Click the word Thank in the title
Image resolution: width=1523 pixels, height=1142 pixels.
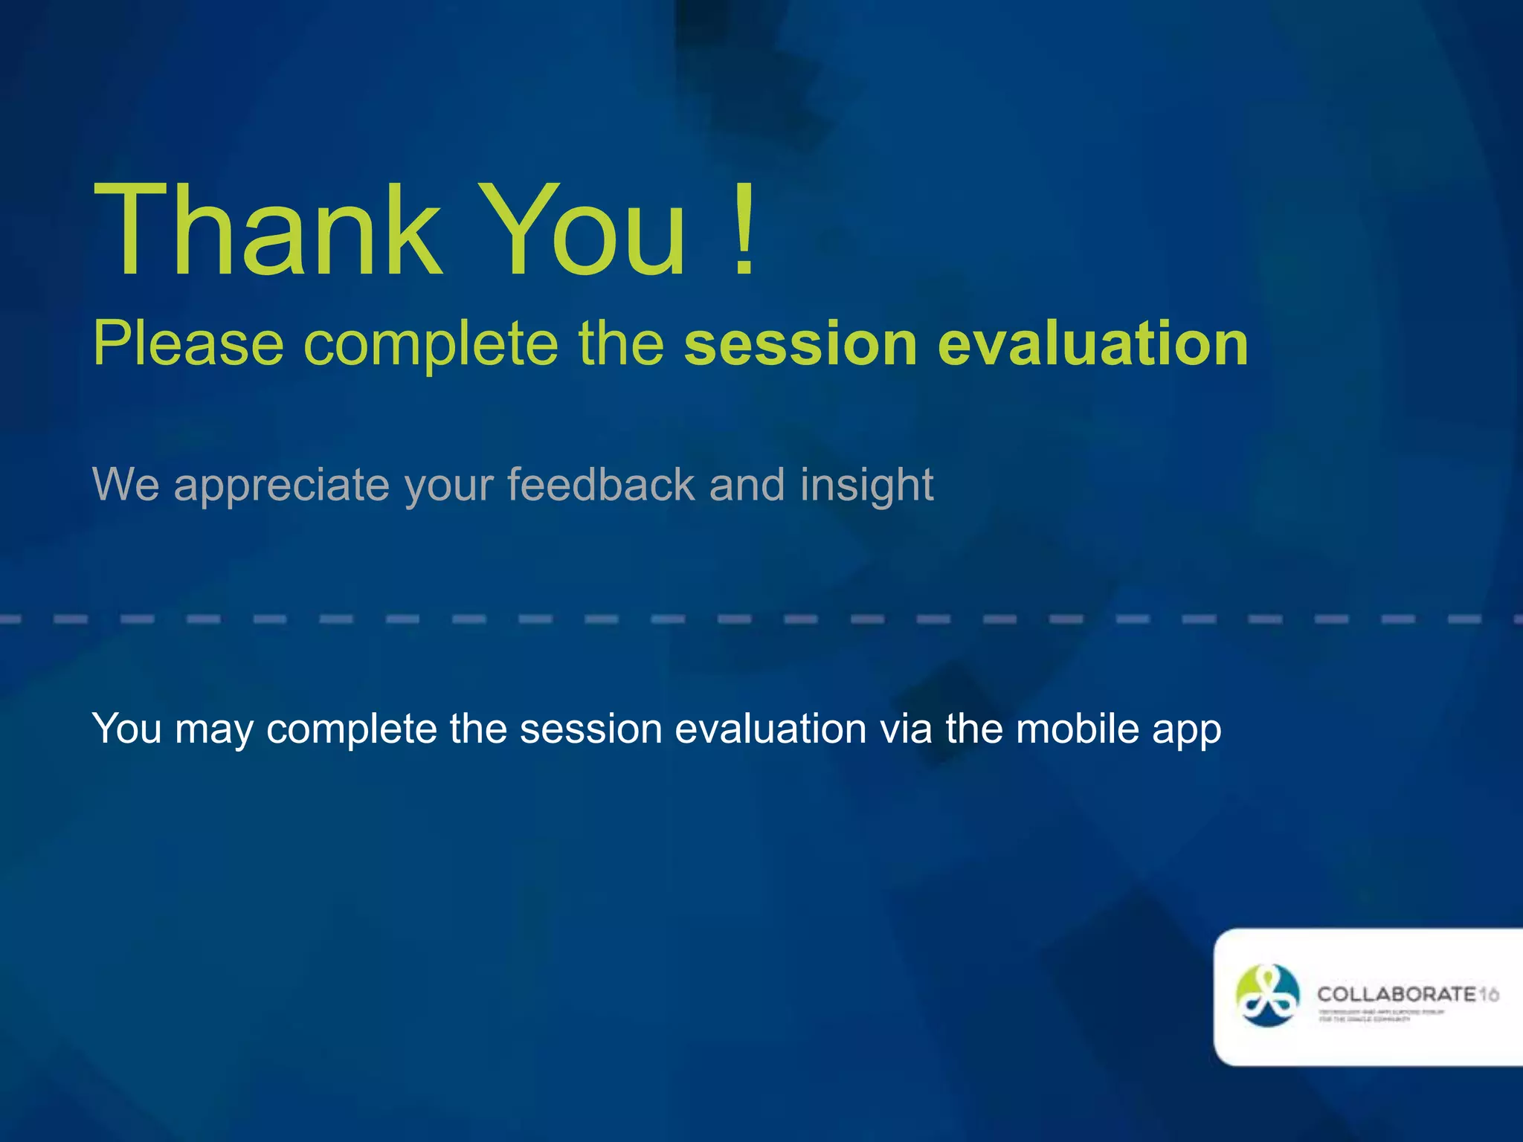pyautogui.click(x=268, y=230)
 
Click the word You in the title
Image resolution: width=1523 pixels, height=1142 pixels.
pyautogui.click(x=584, y=230)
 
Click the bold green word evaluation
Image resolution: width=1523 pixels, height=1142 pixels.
pyautogui.click(x=1093, y=343)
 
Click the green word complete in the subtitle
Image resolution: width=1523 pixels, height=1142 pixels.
pyautogui.click(x=431, y=345)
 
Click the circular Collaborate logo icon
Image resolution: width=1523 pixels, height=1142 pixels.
pyautogui.click(x=1267, y=996)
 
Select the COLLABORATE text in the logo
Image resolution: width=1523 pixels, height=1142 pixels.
pyautogui.click(x=1396, y=994)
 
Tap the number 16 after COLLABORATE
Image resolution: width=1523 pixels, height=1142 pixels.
pyautogui.click(x=1488, y=995)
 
